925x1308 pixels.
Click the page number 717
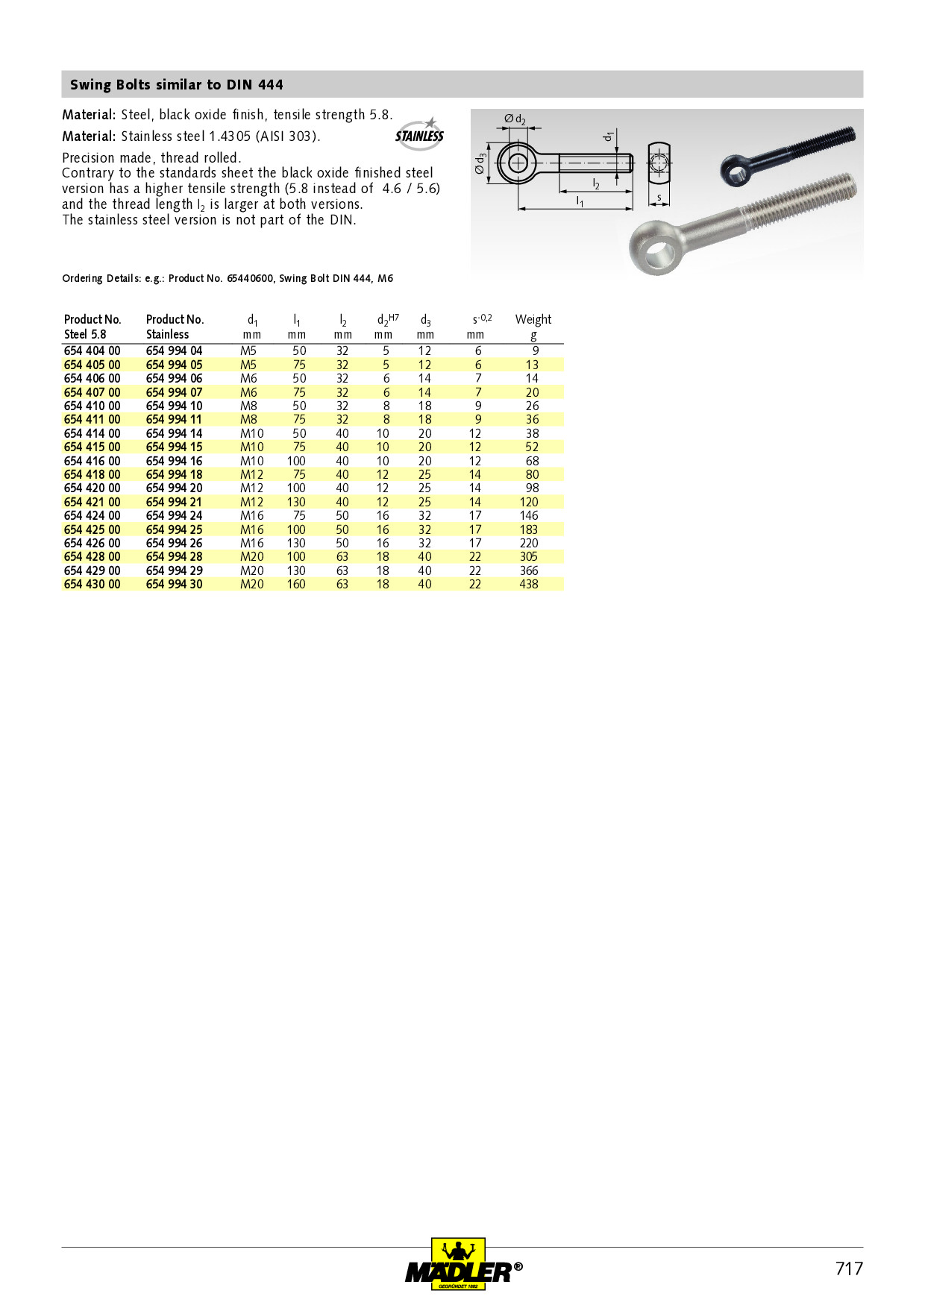pos(849,1268)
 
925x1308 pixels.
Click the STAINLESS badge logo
pos(419,134)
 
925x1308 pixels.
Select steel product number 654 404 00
pos(92,350)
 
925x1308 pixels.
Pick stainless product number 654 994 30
pos(174,585)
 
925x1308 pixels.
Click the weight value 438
pos(529,585)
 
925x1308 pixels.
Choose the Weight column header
pos(533,319)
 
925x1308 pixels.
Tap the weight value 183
pos(529,529)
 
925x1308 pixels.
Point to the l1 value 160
pos(296,585)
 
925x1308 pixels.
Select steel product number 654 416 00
pos(92,461)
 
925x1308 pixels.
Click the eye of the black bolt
pos(736,172)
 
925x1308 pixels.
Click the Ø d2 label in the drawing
pos(515,119)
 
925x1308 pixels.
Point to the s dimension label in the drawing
pos(659,198)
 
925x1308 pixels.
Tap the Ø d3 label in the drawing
pos(480,163)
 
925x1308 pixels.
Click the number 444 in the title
pos(270,85)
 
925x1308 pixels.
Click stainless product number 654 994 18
pos(174,474)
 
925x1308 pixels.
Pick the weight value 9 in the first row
pos(536,350)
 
